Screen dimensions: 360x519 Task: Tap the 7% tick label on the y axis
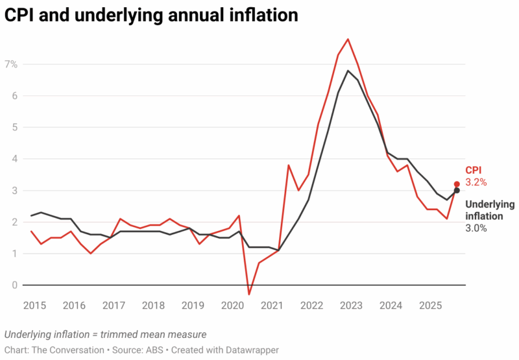click(11, 64)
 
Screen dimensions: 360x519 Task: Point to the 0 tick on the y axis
click(14, 285)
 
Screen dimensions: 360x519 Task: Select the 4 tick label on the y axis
click(14, 159)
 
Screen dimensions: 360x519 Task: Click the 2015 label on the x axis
click(35, 306)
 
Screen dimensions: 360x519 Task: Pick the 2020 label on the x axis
click(233, 306)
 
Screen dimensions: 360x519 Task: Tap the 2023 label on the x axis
click(352, 306)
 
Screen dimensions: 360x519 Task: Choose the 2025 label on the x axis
click(431, 306)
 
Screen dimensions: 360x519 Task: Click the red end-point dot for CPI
click(457, 184)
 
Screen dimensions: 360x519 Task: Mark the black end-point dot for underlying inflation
click(457, 190)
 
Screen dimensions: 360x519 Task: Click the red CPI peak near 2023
click(348, 39)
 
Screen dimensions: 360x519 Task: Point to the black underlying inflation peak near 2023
click(348, 71)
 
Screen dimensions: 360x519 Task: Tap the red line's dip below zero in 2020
click(249, 294)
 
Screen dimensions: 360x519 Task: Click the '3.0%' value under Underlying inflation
click(476, 228)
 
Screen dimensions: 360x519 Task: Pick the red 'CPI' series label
click(474, 171)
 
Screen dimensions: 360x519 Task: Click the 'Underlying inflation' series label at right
click(490, 210)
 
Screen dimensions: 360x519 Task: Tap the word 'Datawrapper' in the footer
click(250, 350)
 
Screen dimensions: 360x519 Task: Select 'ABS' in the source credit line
click(154, 350)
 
